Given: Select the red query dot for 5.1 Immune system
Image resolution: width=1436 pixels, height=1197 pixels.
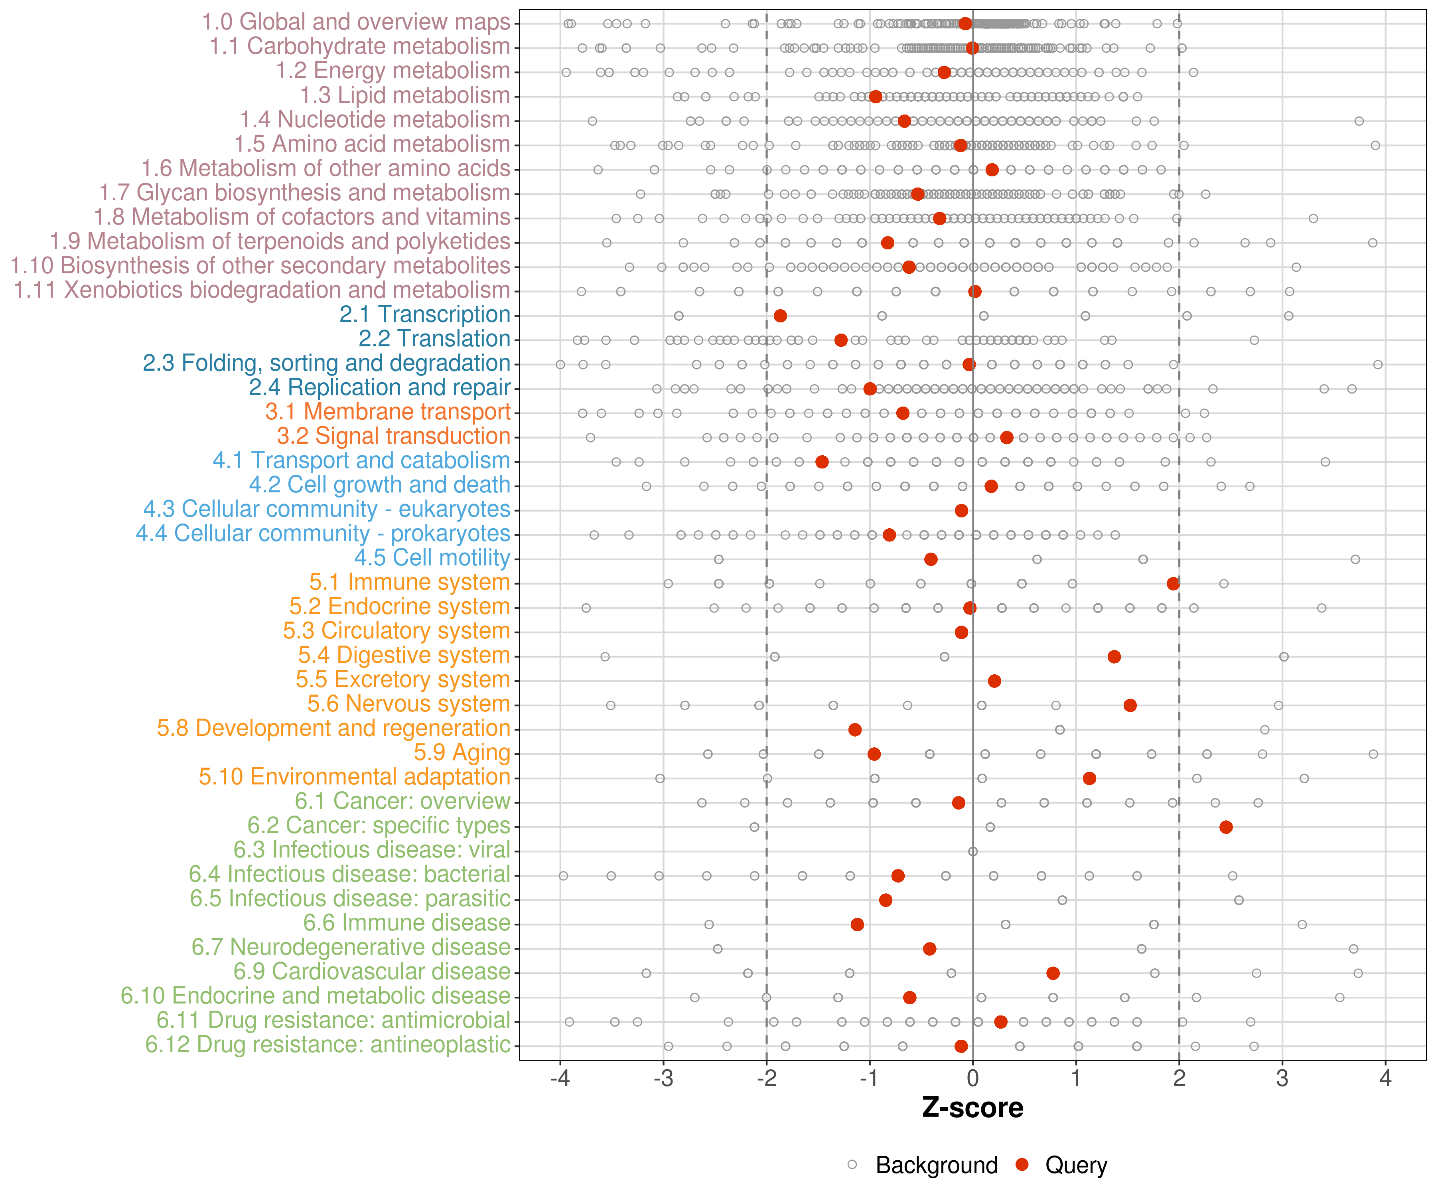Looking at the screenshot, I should coord(1173,583).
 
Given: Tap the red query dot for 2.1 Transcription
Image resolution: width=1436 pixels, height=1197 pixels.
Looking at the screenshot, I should coord(780,315).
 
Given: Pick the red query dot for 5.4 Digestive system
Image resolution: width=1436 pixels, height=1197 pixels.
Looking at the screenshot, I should coord(1114,657).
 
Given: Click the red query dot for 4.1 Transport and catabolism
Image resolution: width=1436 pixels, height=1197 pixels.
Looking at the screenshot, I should coord(822,462).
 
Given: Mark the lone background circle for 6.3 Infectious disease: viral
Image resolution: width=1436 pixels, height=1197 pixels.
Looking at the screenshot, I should coord(972,851).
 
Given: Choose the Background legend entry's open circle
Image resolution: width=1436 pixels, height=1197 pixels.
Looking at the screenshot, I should coord(852,1164).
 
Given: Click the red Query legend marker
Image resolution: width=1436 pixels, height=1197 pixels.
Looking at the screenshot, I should coord(1022,1164).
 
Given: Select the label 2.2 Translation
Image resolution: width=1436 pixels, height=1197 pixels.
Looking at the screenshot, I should coord(434,339).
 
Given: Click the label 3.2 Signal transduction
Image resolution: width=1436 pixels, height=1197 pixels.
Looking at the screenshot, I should coord(393,437).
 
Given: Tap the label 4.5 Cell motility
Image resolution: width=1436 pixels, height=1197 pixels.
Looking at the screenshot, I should coord(432,558).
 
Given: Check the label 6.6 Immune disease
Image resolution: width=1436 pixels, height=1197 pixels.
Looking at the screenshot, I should coord(407,923).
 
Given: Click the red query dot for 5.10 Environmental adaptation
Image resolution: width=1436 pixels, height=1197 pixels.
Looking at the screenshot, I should coord(1089,778).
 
